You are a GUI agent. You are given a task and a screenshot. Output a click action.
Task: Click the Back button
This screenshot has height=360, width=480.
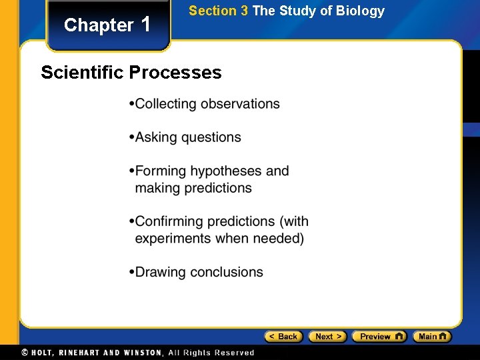283,337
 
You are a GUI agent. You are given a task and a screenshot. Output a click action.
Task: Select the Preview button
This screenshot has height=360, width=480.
379,337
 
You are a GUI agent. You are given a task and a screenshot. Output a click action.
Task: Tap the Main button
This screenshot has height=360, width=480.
431,337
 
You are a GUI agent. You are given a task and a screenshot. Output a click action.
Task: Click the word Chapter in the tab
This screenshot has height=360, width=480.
99,25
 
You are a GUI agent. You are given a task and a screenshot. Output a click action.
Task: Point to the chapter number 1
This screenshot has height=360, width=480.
147,24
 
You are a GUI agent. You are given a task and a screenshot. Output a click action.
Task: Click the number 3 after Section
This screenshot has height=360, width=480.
244,11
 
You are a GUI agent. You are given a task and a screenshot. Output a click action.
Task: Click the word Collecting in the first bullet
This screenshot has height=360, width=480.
166,104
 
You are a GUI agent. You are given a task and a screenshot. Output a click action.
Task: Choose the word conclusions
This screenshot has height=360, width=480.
227,272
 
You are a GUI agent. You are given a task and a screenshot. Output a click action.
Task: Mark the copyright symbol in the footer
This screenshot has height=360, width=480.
25,353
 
